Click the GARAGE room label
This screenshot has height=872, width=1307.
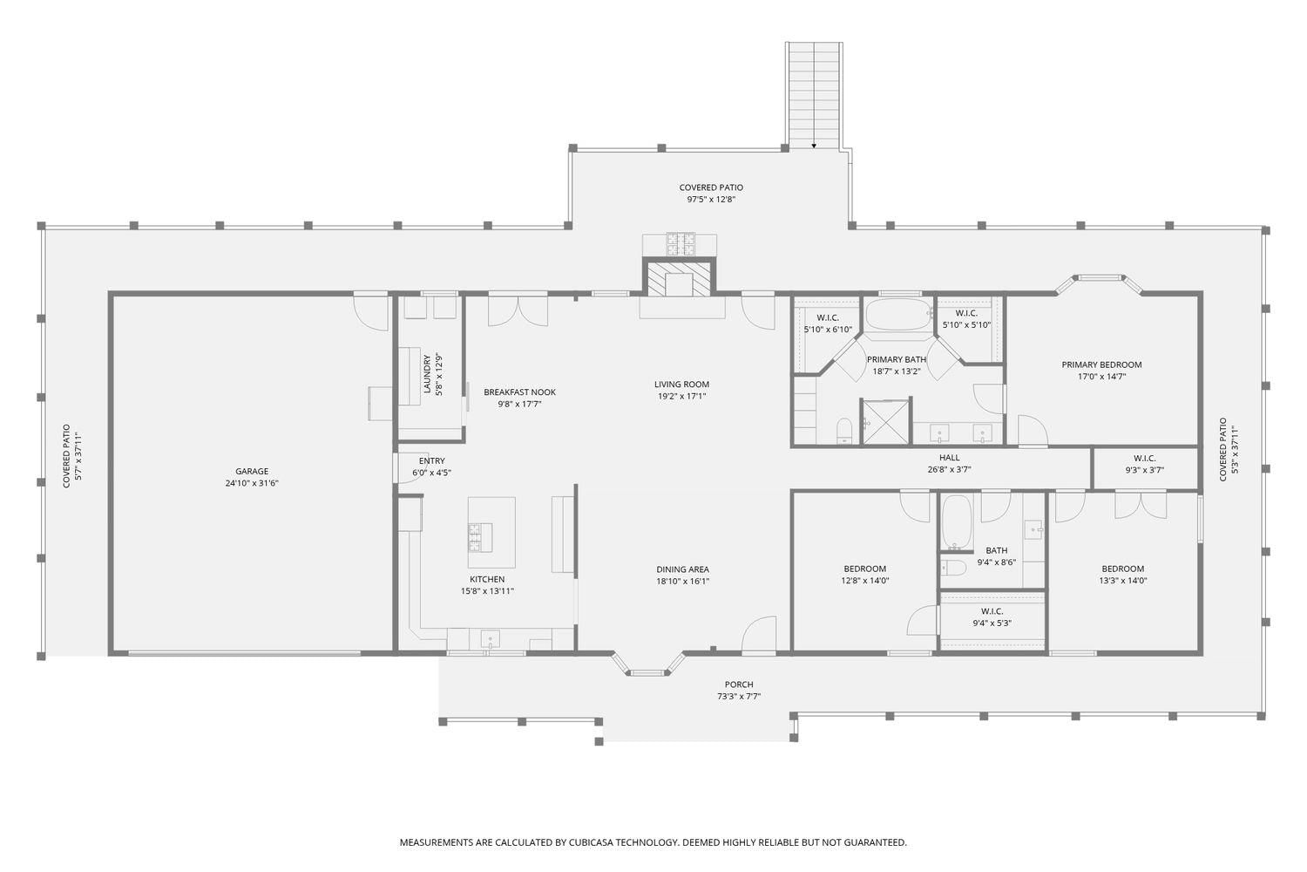click(x=252, y=472)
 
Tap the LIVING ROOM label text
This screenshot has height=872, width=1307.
click(x=681, y=385)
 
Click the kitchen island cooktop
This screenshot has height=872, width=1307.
click(x=480, y=538)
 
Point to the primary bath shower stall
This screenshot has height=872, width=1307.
click(x=886, y=422)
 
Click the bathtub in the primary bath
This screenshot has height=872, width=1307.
click(x=899, y=316)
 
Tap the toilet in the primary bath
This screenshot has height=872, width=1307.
click(x=844, y=431)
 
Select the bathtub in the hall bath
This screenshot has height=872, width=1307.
click(x=955, y=522)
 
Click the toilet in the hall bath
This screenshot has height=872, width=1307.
click(x=953, y=568)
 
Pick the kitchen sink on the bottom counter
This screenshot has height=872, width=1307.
click(x=490, y=639)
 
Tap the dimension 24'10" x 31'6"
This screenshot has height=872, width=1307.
click(x=252, y=483)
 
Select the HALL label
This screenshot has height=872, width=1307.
click(x=950, y=458)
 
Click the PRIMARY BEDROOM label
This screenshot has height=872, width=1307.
click(x=1101, y=365)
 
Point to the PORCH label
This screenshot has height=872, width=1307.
click(x=739, y=685)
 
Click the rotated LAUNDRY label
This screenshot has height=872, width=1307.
click(x=428, y=374)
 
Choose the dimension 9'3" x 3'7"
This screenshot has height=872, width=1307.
click(x=1145, y=470)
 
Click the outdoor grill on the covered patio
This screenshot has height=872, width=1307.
click(x=680, y=244)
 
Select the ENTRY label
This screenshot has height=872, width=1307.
click(x=432, y=460)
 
